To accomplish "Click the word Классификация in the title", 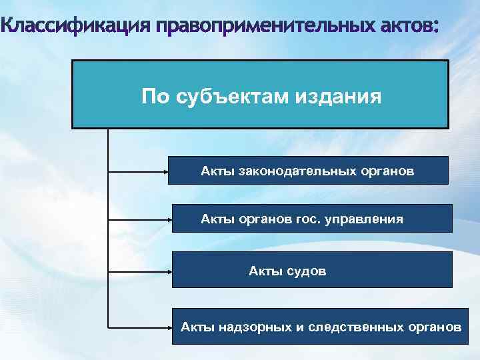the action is [x=76, y=28].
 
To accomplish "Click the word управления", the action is [x=364, y=218].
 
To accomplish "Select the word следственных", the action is [x=353, y=327].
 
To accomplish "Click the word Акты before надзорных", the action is [x=197, y=327].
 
